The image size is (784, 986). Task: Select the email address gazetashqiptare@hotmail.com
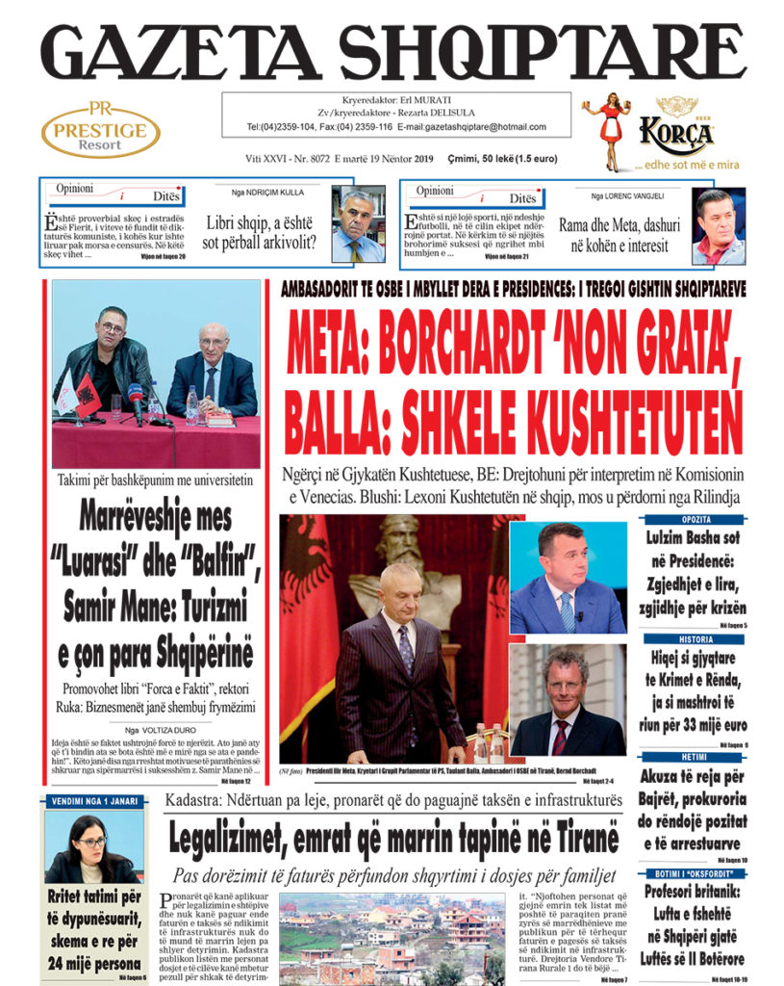472,127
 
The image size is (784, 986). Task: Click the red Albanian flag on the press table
89,393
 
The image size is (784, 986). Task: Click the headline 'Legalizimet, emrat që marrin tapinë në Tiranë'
392,840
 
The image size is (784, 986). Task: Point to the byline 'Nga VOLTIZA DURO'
156,731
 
